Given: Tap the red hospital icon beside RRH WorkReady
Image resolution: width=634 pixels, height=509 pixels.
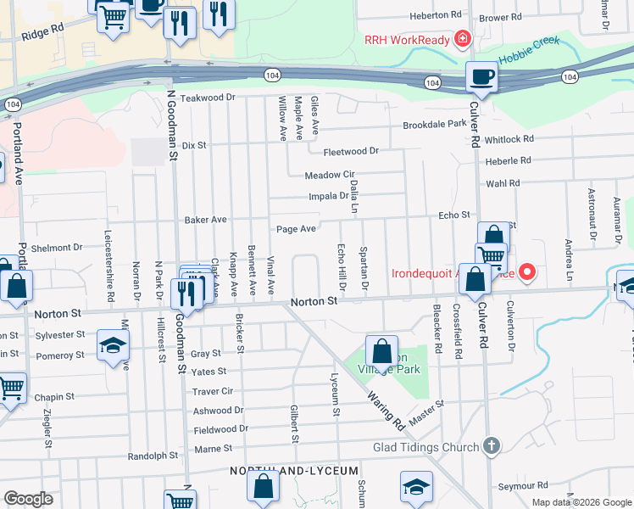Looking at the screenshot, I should pos(462,39).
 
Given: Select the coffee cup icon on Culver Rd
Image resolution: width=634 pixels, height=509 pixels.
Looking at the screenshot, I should pos(481,77).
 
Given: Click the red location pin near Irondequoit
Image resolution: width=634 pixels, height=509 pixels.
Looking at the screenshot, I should pos(527,272).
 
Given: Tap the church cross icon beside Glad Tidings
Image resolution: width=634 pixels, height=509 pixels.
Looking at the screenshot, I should pos(491,445).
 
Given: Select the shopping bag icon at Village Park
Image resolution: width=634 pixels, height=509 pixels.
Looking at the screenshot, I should pos(382,350).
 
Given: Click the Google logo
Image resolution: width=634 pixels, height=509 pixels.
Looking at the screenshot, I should pos(28,499).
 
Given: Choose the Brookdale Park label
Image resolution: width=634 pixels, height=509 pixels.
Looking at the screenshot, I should pos(435,124).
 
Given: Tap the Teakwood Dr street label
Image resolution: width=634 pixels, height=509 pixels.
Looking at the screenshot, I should pos(207,98).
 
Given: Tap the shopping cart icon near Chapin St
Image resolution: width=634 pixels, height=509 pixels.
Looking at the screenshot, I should pos(10,389).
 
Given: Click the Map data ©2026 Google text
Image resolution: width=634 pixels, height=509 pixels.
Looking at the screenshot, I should pos(581,502).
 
